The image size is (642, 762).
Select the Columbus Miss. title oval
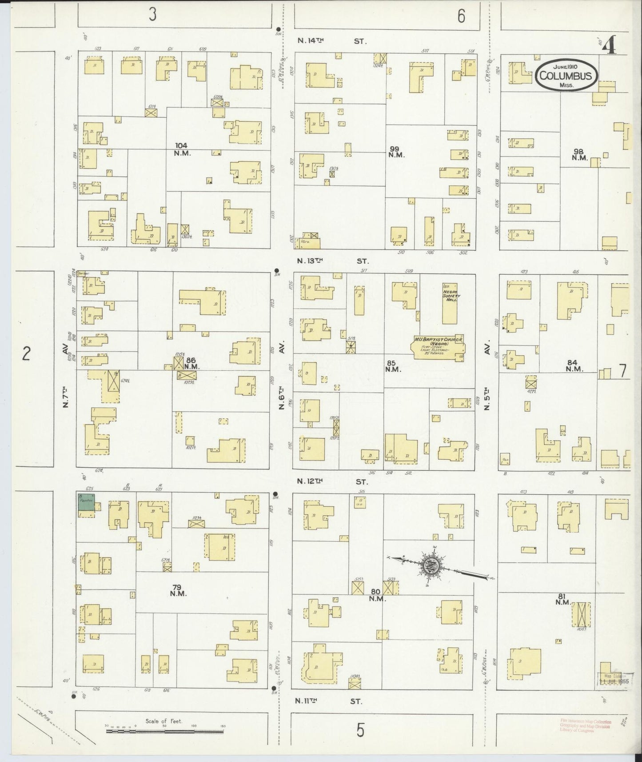coord(566,75)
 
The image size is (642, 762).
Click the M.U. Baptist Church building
coord(439,347)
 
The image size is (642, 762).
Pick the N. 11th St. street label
coord(329,701)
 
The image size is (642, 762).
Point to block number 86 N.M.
coord(191,363)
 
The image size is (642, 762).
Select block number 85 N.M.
coord(393,365)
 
